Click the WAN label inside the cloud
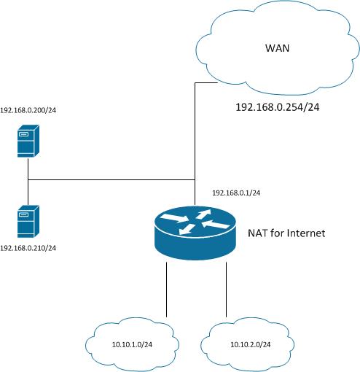pyautogui.click(x=277, y=48)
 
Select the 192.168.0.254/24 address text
pyautogui.click(x=278, y=107)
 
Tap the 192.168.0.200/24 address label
pyautogui.click(x=28, y=110)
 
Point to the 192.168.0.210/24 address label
pyautogui.click(x=28, y=248)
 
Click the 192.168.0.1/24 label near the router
pyautogui.click(x=236, y=193)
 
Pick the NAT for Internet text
pyautogui.click(x=286, y=233)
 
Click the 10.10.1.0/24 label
pyautogui.click(x=132, y=344)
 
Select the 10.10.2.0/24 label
pyautogui.click(x=250, y=344)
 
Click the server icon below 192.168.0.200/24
pyautogui.click(x=28, y=141)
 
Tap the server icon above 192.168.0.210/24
pyautogui.click(x=28, y=221)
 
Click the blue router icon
pyautogui.click(x=195, y=233)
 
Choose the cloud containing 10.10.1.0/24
pyautogui.click(x=132, y=344)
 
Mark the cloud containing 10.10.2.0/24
pyautogui.click(x=248, y=344)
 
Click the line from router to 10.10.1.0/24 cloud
pyautogui.click(x=166, y=290)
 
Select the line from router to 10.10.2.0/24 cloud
pyautogui.click(x=226, y=290)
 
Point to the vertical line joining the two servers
pyautogui.click(x=28, y=181)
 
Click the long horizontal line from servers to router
pyautogui.click(x=111, y=180)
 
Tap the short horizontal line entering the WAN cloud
pyautogui.click(x=206, y=83)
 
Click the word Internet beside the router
pyautogui.click(x=306, y=233)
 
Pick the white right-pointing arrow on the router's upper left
pyautogui.click(x=174, y=218)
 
